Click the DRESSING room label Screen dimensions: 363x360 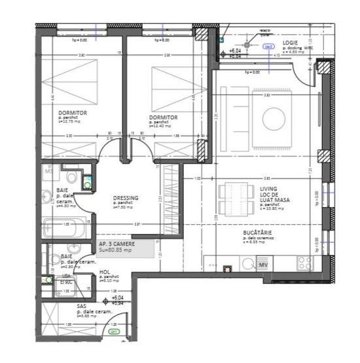coord(124,199)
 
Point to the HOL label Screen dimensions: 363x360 coord(104,271)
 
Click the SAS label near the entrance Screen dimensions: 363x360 coord(81,306)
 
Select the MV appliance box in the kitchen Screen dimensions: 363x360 coord(263,265)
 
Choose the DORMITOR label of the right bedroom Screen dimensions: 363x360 coord(163,117)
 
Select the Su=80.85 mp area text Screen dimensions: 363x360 coord(115,250)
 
